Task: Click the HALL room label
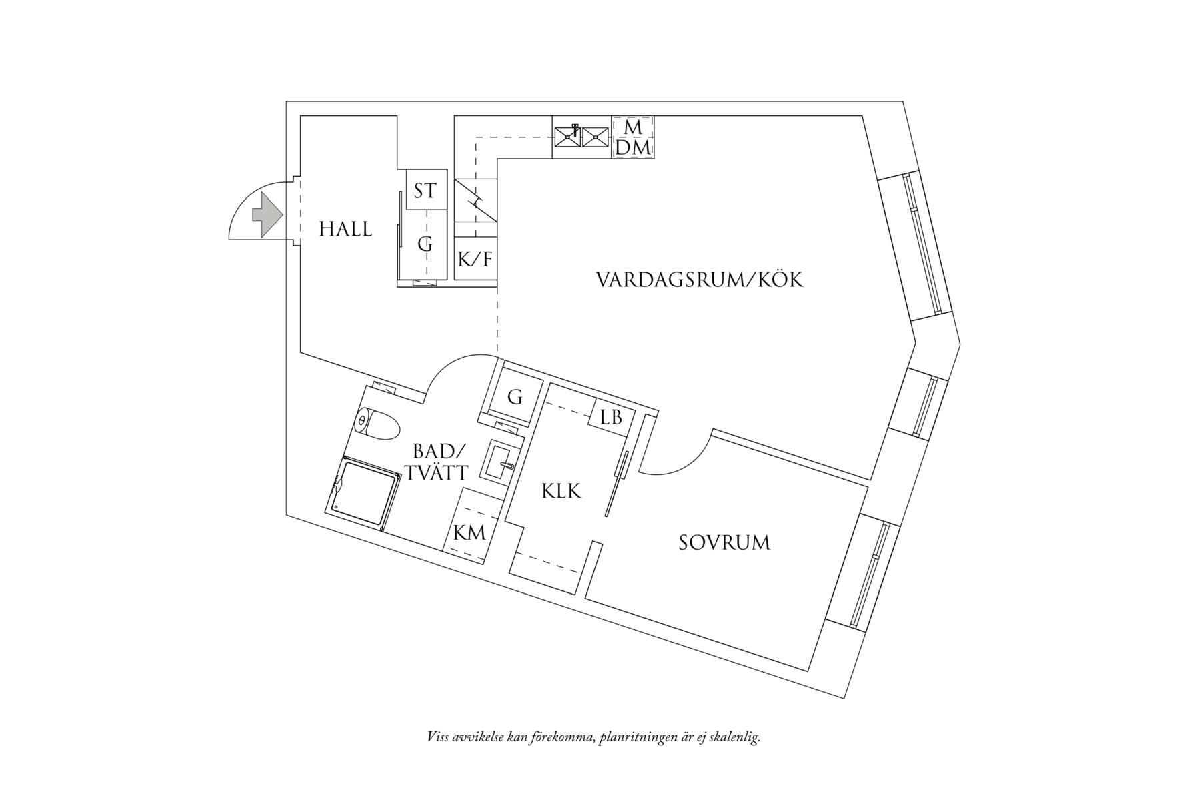(x=345, y=229)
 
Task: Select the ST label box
(x=425, y=191)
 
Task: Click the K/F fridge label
(x=476, y=259)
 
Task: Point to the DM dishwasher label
(x=632, y=148)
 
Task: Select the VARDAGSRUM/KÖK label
(x=699, y=279)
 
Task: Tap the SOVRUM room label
(x=724, y=542)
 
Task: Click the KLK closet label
(x=561, y=492)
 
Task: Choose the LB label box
(x=611, y=418)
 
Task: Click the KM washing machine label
(x=469, y=533)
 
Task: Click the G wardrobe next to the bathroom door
(x=514, y=398)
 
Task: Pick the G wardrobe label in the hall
(x=425, y=244)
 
